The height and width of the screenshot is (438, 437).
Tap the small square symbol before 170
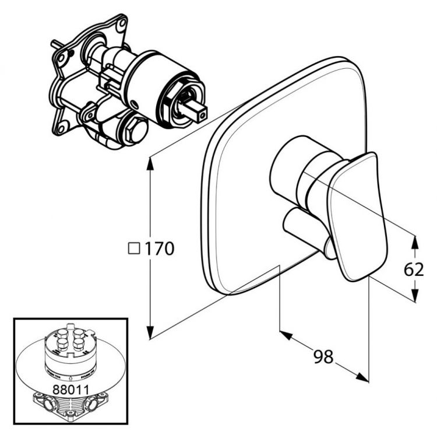tap(133, 249)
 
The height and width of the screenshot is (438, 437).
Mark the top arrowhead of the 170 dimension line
tap(151, 162)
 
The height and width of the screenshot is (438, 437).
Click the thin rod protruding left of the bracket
tap(55, 44)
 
